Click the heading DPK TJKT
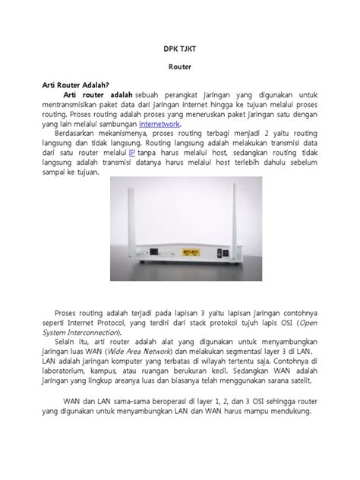coord(179,46)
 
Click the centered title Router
coord(179,66)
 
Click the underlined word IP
coord(153,152)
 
